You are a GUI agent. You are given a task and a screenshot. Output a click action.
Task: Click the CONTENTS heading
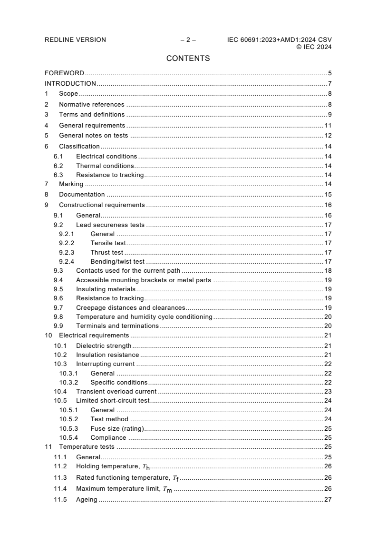[x=188, y=59]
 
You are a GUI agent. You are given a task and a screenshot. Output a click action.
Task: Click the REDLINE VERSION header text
[x=75, y=40]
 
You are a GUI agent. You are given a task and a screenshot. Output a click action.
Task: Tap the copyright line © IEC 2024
[x=314, y=47]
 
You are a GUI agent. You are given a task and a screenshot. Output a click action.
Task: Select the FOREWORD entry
[x=64, y=73]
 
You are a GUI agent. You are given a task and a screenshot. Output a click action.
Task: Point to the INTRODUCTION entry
[x=70, y=84]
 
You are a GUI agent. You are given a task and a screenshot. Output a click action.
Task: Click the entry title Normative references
[x=91, y=104]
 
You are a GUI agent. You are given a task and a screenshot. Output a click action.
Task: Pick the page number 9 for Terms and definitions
[x=329, y=115]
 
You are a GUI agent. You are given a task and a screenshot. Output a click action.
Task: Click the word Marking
[x=71, y=184]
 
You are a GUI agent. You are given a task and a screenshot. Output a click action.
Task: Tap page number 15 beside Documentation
[x=328, y=195]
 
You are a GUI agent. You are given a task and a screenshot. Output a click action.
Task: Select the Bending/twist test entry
[x=117, y=261]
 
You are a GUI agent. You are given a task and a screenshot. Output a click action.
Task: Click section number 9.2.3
[x=67, y=252]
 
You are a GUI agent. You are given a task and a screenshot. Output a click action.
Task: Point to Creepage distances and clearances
[x=131, y=307]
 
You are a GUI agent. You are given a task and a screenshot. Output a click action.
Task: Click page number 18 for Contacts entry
[x=328, y=270]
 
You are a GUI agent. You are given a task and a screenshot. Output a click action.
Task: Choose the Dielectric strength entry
[x=104, y=346]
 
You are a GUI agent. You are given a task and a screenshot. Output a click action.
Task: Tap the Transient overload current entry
[x=116, y=391]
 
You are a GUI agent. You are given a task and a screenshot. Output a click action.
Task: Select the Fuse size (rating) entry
[x=117, y=428]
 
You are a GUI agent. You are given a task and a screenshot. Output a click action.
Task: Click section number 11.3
[x=60, y=477]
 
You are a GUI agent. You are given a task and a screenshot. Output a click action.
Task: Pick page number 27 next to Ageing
[x=328, y=499]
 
